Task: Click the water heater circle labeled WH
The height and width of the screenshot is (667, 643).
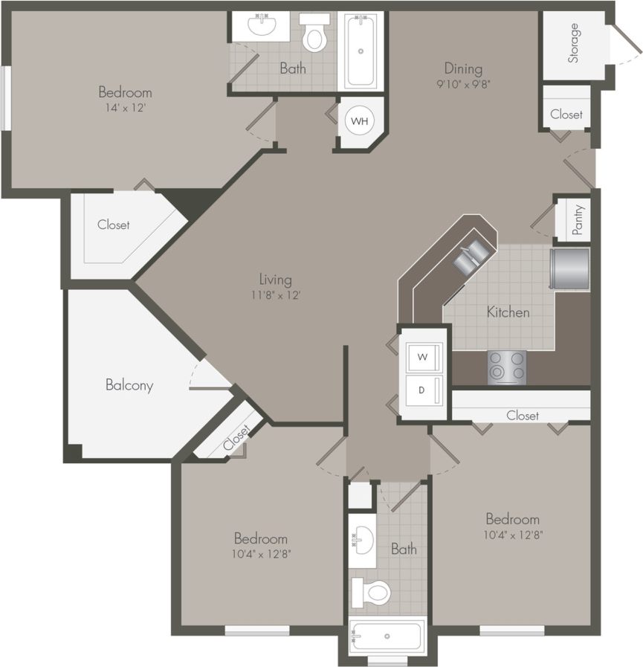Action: click(x=359, y=120)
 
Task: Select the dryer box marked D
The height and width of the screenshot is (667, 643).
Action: click(x=422, y=390)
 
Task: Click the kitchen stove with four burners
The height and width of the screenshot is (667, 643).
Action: click(x=506, y=367)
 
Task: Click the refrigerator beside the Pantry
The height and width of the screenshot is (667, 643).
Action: click(x=570, y=268)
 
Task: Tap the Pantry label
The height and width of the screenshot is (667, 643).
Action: click(x=578, y=219)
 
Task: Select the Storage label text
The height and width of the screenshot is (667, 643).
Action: click(x=573, y=43)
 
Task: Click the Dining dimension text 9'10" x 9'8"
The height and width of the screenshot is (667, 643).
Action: click(x=464, y=84)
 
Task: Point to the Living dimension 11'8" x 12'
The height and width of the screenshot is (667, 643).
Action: click(x=275, y=294)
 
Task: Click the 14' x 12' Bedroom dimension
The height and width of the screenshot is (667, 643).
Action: click(x=125, y=108)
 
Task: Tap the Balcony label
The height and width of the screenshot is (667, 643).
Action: click(x=129, y=385)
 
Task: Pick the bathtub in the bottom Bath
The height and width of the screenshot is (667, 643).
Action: click(x=387, y=637)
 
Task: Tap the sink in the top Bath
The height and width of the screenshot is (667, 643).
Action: click(x=262, y=26)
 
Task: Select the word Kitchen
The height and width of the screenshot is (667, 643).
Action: click(x=508, y=312)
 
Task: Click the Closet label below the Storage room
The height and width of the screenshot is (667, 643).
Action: click(x=566, y=114)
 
